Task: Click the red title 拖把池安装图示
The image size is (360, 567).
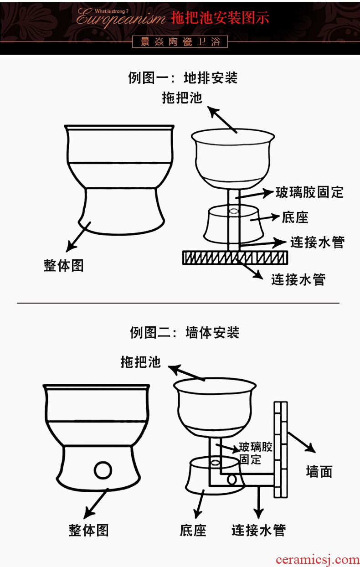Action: (220, 18)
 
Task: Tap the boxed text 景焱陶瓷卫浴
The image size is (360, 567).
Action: (180, 42)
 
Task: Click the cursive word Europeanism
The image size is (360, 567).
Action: (121, 19)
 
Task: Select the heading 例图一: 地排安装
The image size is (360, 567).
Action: (183, 78)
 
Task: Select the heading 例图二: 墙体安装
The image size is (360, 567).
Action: (185, 332)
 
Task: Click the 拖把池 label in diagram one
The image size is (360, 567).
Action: (182, 98)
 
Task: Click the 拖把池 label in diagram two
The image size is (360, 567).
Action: (141, 362)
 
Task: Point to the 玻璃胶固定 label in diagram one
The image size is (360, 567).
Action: (309, 192)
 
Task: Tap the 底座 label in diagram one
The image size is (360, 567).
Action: (295, 217)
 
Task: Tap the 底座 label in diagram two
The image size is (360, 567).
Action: (193, 530)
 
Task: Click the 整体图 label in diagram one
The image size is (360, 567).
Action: (64, 265)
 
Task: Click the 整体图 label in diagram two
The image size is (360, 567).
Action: (89, 530)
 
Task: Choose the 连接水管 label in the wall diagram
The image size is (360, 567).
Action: (258, 530)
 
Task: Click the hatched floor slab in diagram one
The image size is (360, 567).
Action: (235, 258)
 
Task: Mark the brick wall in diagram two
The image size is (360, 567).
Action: (281, 449)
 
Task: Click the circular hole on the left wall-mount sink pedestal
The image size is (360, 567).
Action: (103, 469)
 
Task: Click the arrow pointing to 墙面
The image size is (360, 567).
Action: (302, 442)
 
